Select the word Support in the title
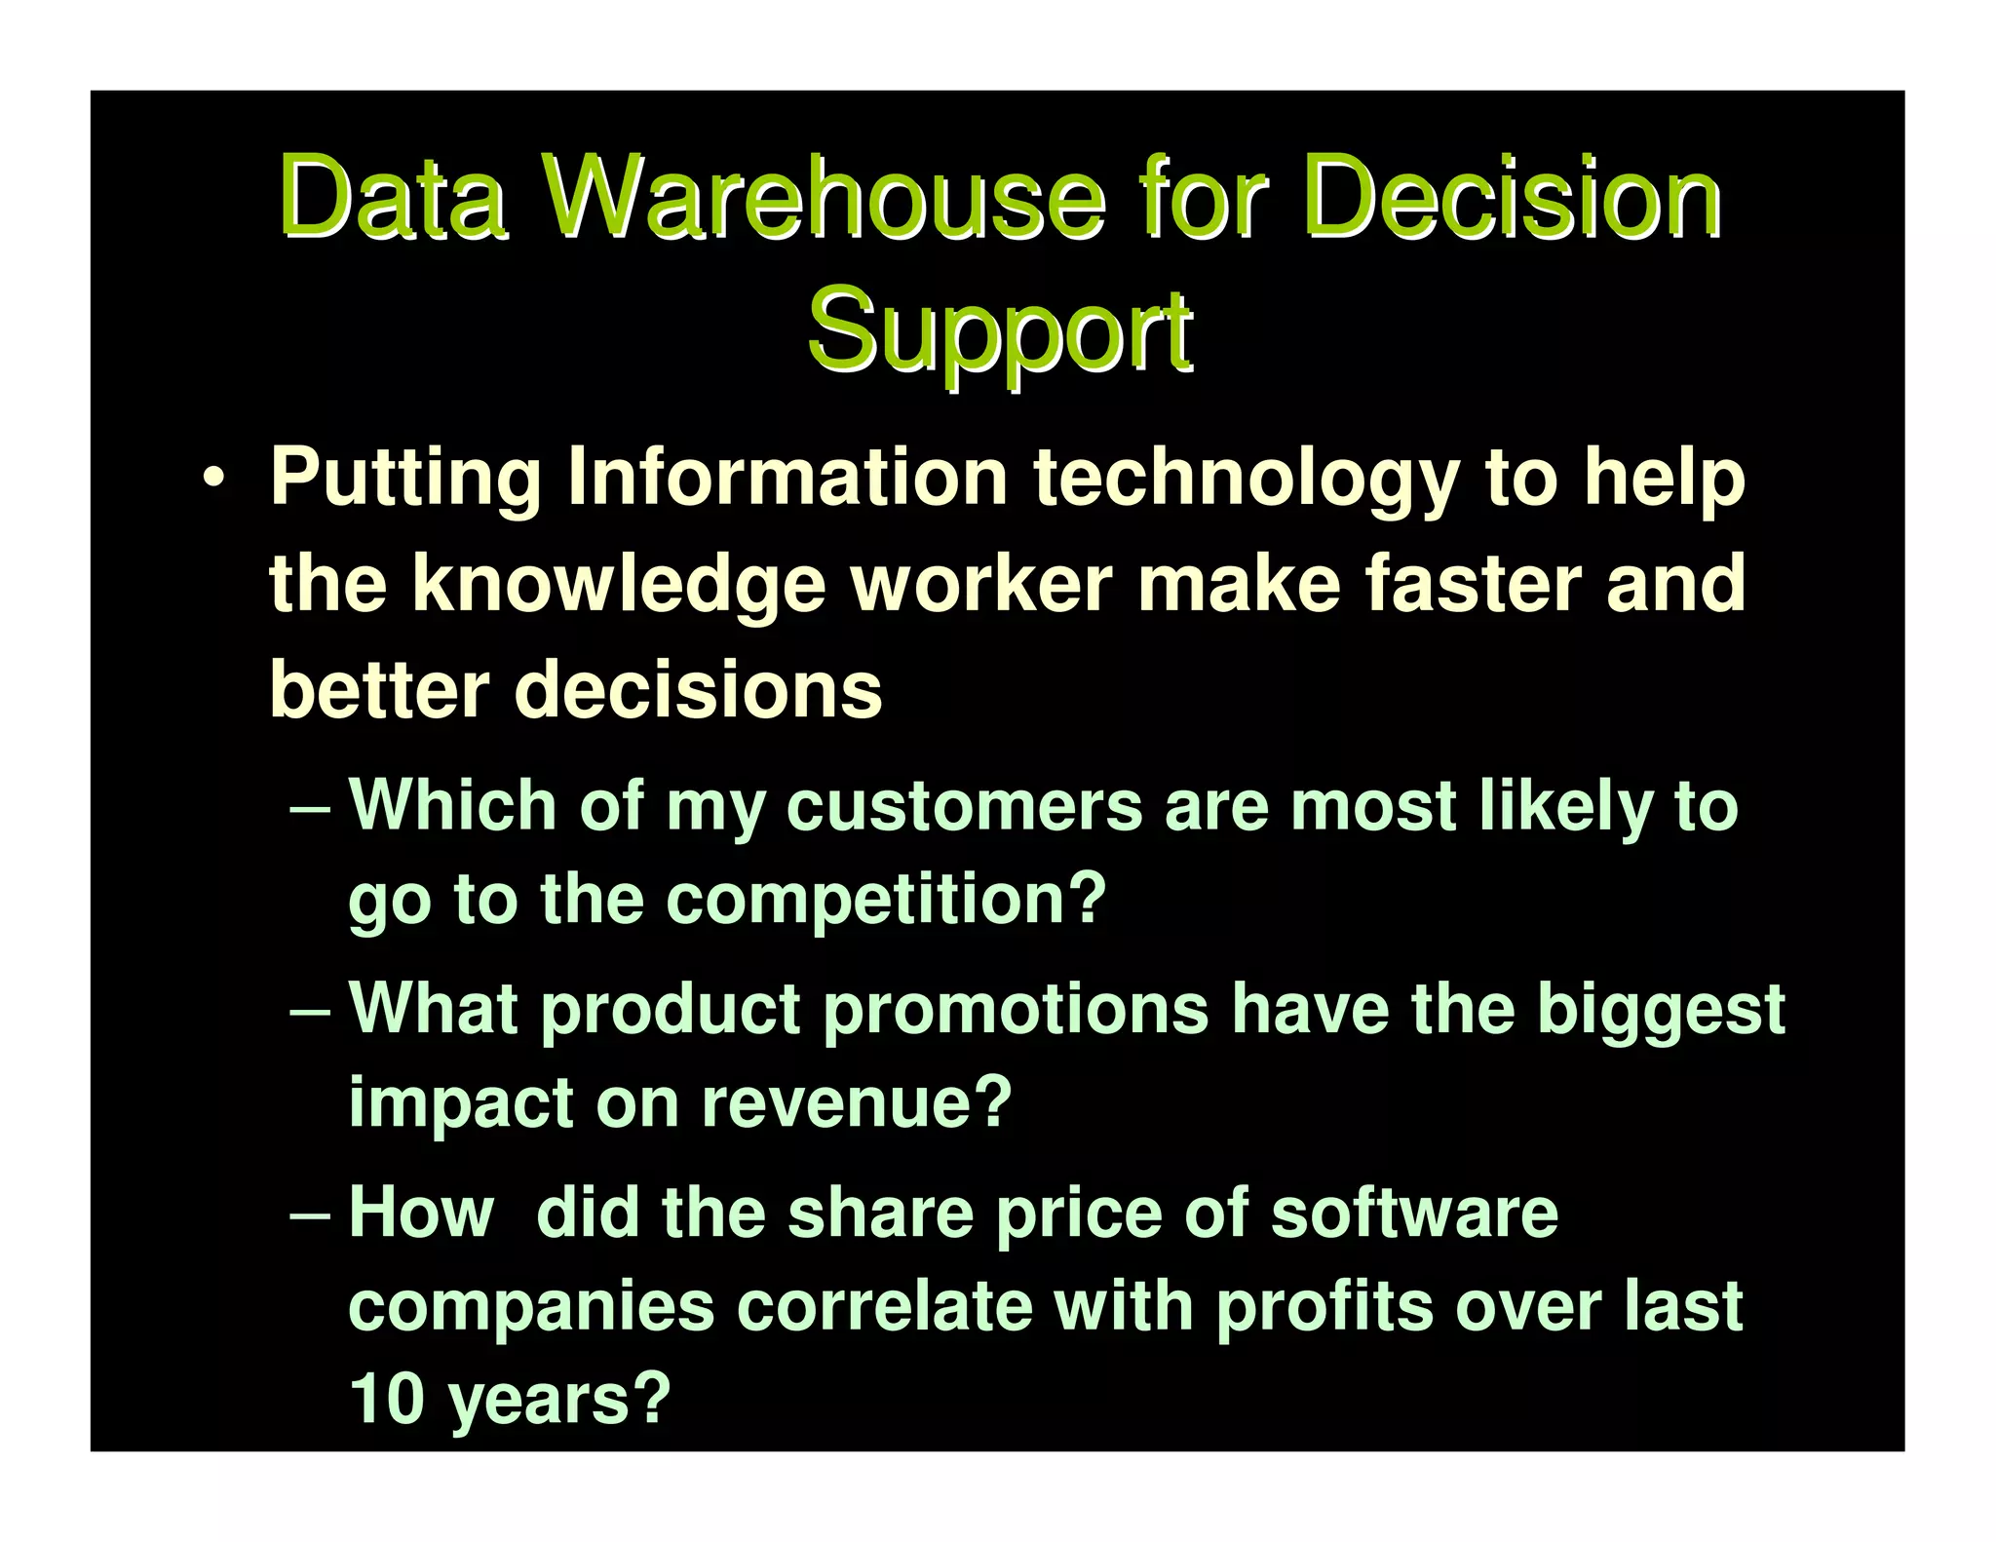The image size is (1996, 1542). [999, 331]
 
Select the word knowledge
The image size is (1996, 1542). [619, 584]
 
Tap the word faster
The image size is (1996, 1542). [1473, 584]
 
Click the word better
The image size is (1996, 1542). [379, 689]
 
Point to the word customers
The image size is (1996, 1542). [964, 807]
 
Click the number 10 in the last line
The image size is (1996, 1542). [386, 1399]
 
